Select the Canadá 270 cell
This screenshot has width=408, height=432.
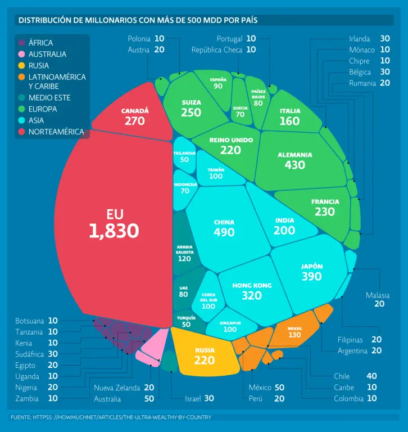click(x=135, y=117)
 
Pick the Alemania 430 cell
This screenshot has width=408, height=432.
click(x=294, y=160)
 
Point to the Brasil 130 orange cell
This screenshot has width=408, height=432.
click(x=294, y=332)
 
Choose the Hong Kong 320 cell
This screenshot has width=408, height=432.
click(x=252, y=291)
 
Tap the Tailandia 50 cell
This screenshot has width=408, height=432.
click(x=184, y=156)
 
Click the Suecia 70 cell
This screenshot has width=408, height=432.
click(x=240, y=111)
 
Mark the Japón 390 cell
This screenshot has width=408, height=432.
click(x=311, y=272)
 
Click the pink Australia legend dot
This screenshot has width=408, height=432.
click(x=21, y=54)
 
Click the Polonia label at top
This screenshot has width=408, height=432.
click(x=139, y=39)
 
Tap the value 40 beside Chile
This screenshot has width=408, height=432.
click(x=371, y=376)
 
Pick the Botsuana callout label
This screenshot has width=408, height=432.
click(x=29, y=321)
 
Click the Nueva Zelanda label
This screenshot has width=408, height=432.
click(x=116, y=388)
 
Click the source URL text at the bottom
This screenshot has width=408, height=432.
click(x=111, y=417)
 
